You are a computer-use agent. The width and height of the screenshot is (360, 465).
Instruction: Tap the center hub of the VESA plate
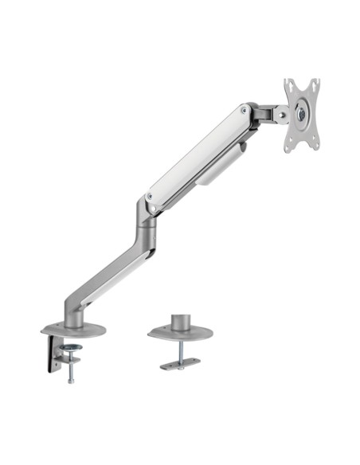coord(301,114)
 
